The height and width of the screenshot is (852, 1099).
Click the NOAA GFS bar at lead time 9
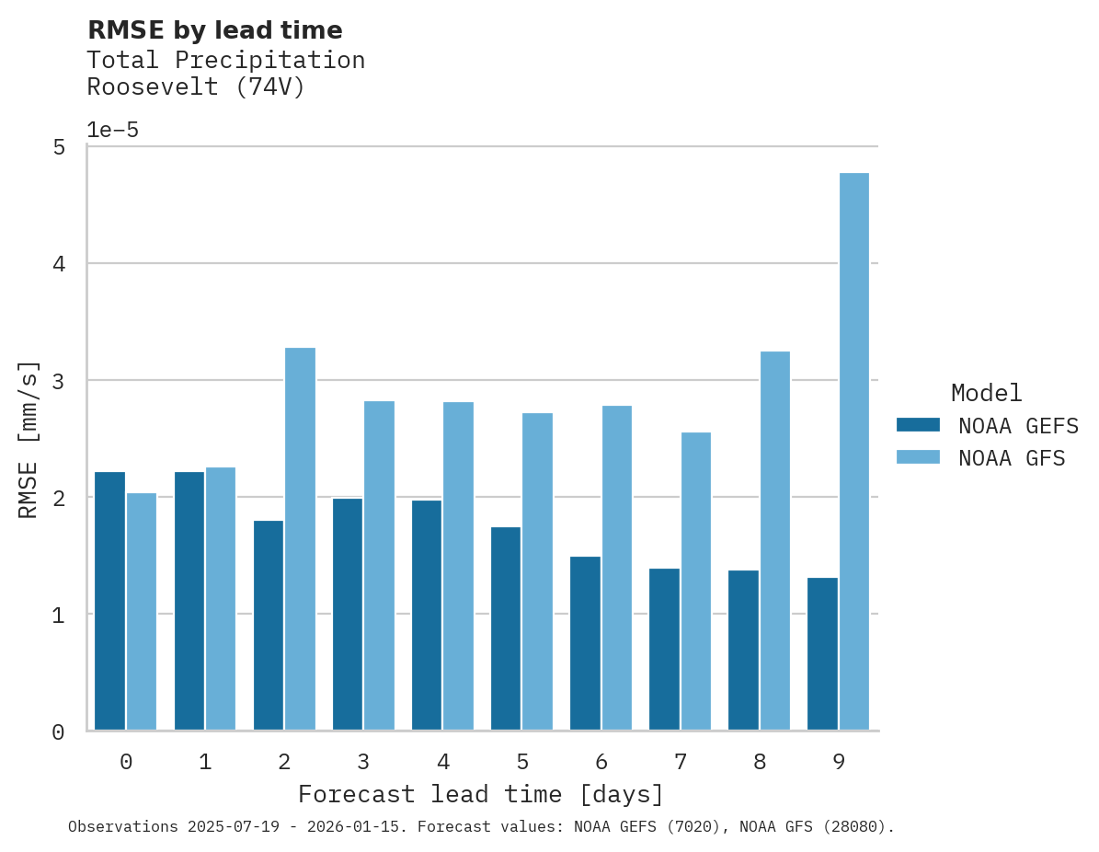[x=854, y=452]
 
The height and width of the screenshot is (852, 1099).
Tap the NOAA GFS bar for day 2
[x=300, y=539]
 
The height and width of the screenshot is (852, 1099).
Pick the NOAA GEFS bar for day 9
[x=822, y=653]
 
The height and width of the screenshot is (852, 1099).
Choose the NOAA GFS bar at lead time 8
[x=774, y=541]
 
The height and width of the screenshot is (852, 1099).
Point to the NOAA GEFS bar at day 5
[x=506, y=628]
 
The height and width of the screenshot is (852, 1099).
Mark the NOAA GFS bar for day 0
[x=142, y=612]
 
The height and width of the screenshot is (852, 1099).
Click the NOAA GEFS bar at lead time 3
[x=348, y=614]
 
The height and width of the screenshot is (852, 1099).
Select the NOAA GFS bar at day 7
[x=695, y=581]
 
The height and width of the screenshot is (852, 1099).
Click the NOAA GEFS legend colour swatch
[x=918, y=425]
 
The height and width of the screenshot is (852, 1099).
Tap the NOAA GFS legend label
[x=1012, y=458]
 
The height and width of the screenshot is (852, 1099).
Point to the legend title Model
[x=986, y=394]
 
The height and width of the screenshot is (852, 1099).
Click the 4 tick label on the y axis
[x=58, y=264]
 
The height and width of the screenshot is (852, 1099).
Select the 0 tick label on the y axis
[x=58, y=732]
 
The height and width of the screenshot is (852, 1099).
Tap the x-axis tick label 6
[x=601, y=762]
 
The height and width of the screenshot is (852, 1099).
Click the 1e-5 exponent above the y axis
[x=112, y=131]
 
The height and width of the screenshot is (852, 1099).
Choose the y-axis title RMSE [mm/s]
[x=29, y=439]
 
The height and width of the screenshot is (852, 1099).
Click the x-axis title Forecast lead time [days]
[x=480, y=794]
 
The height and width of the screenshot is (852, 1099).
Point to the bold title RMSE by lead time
[x=214, y=30]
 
